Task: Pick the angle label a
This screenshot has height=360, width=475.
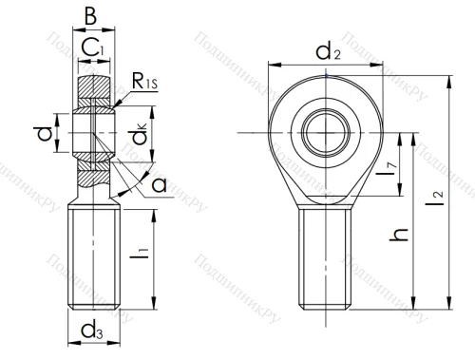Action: (x=158, y=184)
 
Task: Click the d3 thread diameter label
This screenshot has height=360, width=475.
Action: (x=93, y=332)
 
